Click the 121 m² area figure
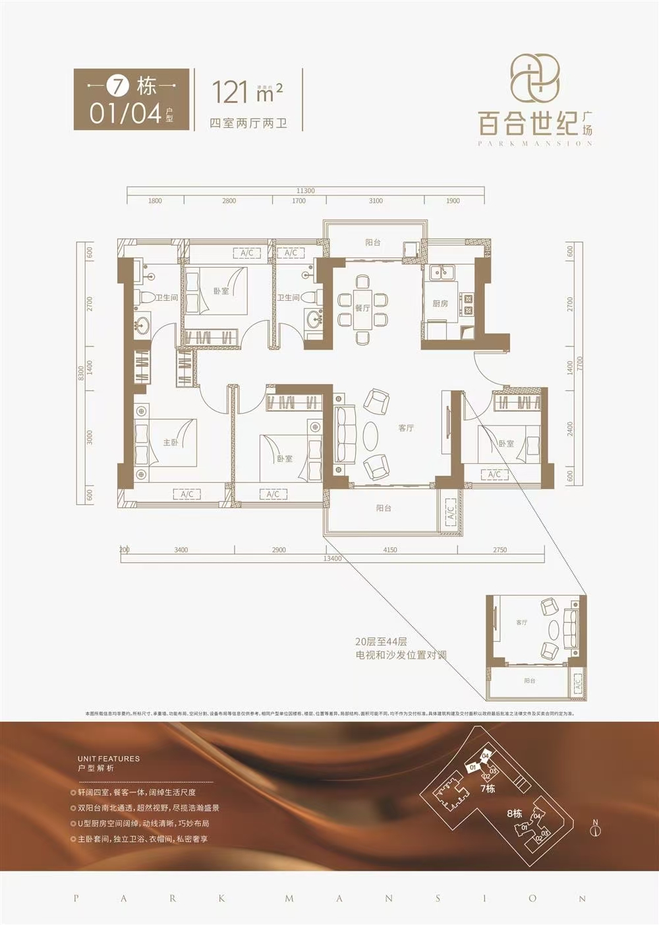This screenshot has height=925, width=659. [246, 92]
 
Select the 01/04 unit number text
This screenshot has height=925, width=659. [126, 113]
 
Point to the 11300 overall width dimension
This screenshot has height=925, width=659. [305, 191]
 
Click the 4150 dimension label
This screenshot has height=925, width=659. [390, 550]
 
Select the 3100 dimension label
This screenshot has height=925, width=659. [376, 201]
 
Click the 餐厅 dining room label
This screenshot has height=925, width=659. [362, 308]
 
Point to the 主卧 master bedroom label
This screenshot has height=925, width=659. [171, 443]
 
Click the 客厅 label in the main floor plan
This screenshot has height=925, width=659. [406, 428]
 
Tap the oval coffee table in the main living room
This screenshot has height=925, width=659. [370, 435]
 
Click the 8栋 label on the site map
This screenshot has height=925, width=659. [515, 813]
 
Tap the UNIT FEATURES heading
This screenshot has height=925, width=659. [109, 759]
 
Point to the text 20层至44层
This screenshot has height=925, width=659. [381, 641]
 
